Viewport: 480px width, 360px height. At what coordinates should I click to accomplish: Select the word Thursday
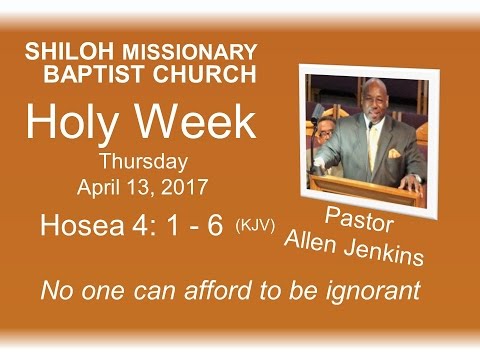[143, 162]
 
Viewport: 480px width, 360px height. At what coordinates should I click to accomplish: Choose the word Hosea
[76, 226]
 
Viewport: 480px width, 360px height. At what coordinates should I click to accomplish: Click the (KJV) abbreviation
[255, 227]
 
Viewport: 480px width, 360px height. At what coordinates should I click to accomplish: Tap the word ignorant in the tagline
[376, 291]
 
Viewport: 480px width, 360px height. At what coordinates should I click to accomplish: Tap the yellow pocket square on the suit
[394, 154]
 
